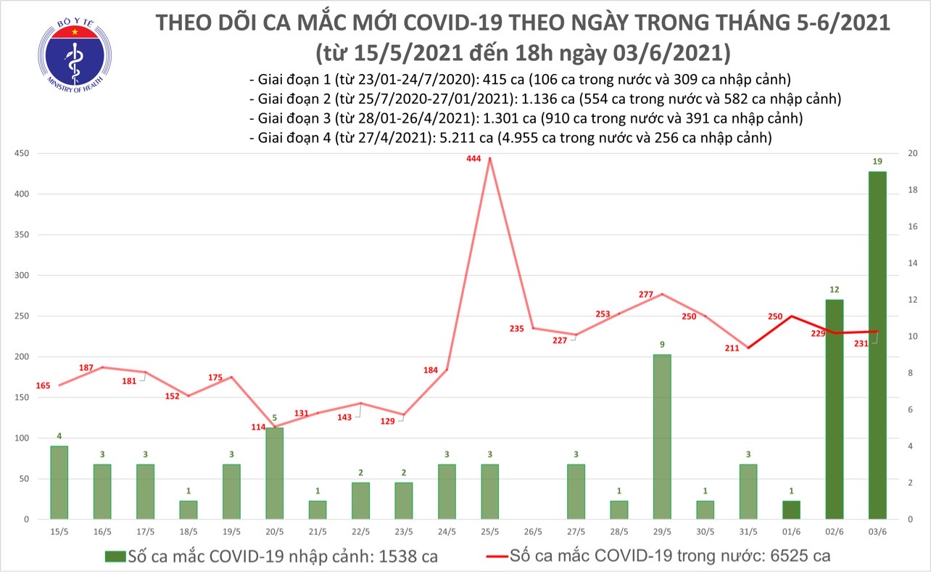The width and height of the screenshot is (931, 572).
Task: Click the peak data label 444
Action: (x=475, y=158)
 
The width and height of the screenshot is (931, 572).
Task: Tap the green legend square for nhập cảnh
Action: (x=115, y=557)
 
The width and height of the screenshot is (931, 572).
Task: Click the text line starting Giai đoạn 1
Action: (x=518, y=80)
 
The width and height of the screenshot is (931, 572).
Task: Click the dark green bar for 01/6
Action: (x=791, y=510)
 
